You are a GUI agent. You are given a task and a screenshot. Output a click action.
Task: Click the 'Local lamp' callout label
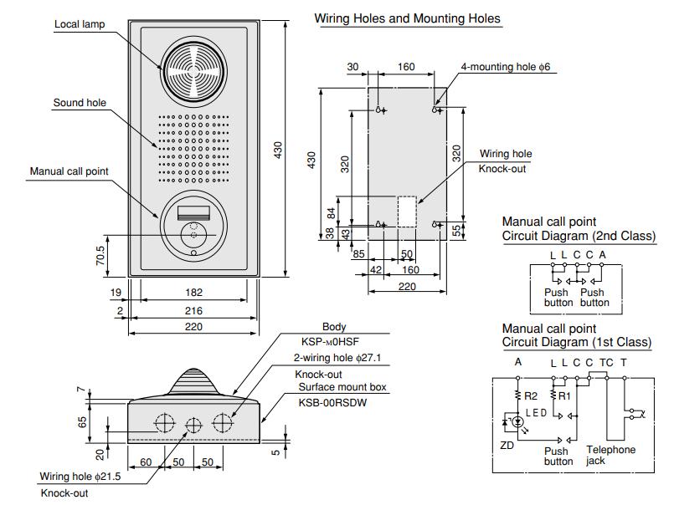[x=79, y=24]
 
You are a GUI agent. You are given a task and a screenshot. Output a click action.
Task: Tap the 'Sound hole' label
[x=80, y=103]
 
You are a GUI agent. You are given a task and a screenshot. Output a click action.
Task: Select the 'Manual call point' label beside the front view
[x=69, y=171]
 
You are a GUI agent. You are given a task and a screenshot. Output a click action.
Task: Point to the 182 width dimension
[x=193, y=293]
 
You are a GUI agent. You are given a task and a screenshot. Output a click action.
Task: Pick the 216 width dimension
[x=193, y=310]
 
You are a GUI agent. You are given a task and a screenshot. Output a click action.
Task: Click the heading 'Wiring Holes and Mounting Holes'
[x=407, y=18]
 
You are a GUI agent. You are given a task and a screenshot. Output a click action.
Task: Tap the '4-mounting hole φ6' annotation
[x=507, y=66]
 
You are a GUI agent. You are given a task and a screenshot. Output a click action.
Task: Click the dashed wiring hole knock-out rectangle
[x=407, y=212]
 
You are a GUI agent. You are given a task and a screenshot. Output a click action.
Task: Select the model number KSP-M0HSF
[x=333, y=342]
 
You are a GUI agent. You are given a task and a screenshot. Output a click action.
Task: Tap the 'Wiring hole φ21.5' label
[x=81, y=477]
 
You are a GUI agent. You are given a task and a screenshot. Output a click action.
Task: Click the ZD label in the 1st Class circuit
[x=507, y=446]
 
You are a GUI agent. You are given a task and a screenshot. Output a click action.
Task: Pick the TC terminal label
[x=606, y=362]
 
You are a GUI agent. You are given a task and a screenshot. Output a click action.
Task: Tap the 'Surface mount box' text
[x=337, y=388]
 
